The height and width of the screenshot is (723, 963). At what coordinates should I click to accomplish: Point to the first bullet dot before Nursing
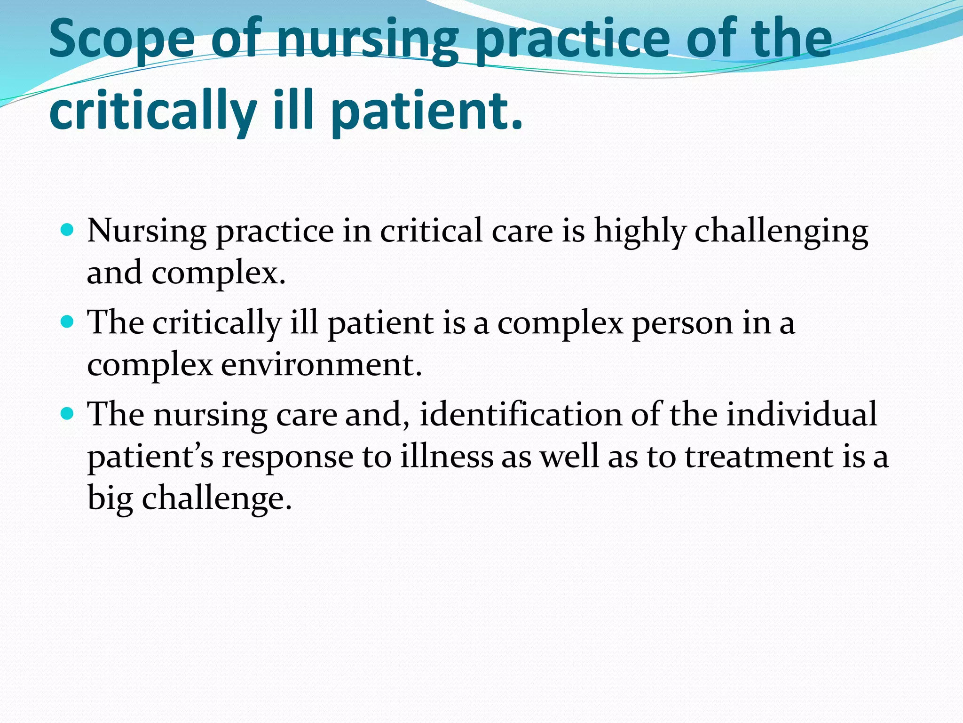pos(68,230)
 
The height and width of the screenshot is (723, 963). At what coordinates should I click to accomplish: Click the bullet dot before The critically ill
pos(68,322)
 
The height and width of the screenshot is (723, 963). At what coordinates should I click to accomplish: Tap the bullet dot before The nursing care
pos(68,414)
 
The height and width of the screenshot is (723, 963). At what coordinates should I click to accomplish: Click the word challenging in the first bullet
pos(781,232)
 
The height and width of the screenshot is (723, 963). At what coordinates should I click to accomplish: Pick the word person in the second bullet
pos(682,324)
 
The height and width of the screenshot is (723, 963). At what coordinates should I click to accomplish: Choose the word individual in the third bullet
pos(801,415)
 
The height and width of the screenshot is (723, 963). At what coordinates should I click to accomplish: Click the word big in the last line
pos(110,499)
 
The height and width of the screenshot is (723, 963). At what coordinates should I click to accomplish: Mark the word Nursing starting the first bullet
pos(147,232)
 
